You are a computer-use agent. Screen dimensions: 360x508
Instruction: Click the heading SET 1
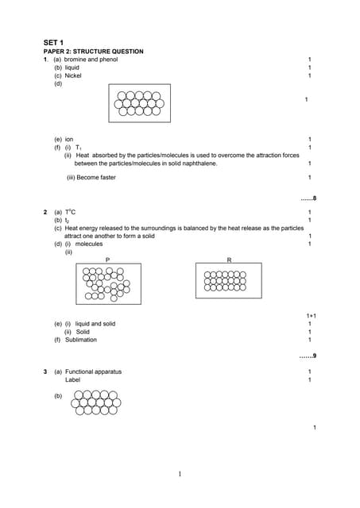click(x=53, y=41)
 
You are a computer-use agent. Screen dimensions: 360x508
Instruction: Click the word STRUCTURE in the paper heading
click(x=95, y=51)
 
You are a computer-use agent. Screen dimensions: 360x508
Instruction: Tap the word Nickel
click(x=73, y=75)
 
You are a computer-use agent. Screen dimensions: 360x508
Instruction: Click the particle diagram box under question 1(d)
click(x=139, y=103)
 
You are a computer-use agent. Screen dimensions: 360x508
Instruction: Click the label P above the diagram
click(x=107, y=260)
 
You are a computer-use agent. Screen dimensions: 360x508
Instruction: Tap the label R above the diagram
click(x=229, y=260)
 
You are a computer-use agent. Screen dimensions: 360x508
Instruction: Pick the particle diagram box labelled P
click(x=108, y=283)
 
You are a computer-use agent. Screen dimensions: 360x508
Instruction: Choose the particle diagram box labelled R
click(x=228, y=281)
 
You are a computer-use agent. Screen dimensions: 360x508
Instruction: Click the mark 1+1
click(x=312, y=316)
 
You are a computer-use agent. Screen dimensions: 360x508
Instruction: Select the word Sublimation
click(x=81, y=340)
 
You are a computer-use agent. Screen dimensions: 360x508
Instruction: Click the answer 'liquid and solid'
click(x=95, y=324)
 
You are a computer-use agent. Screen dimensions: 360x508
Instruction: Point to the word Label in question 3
click(x=72, y=379)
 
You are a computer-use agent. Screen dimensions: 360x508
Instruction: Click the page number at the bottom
click(x=180, y=475)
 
